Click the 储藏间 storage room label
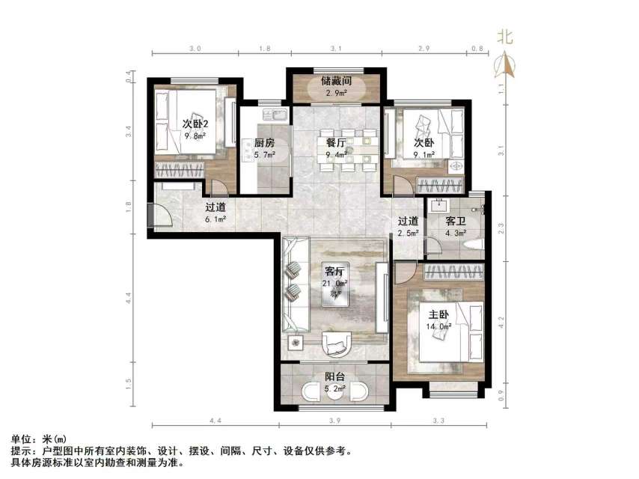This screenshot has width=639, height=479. [x=336, y=81]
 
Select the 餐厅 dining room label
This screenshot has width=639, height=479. [x=335, y=143]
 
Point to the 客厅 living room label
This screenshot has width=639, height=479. [x=334, y=271]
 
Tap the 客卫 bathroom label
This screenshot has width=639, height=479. [x=456, y=222]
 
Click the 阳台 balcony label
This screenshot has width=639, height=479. [x=334, y=377]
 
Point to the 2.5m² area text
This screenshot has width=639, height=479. [x=408, y=234]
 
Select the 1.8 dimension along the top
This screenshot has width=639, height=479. [x=264, y=48]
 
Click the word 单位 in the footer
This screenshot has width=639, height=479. [x=21, y=439]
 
